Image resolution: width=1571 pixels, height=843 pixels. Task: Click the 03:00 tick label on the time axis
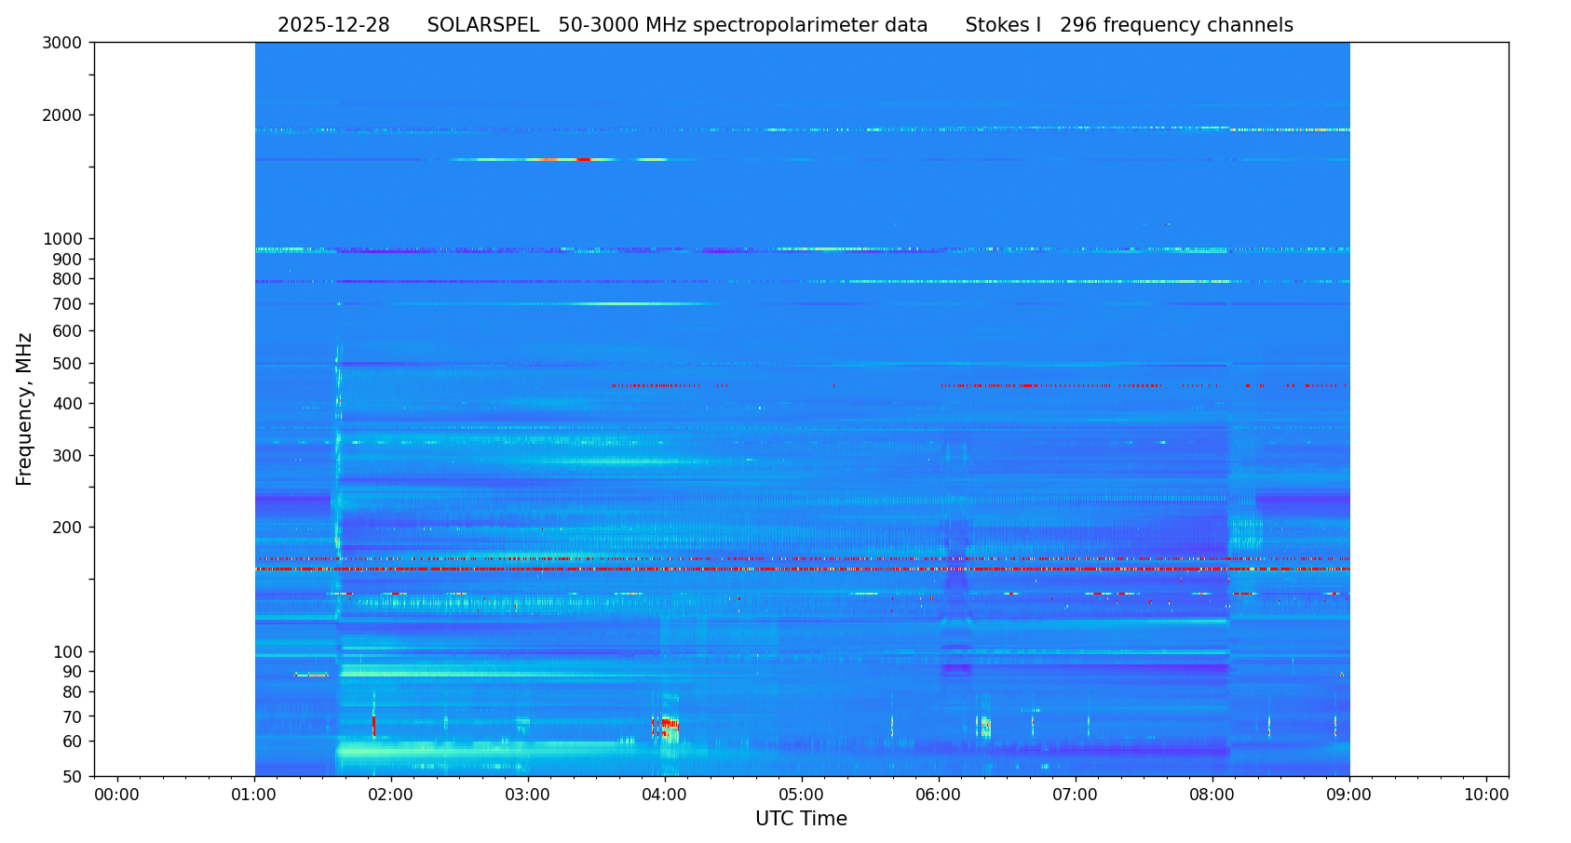coord(528,796)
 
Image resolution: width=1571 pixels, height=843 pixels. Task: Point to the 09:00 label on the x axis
coord(1349,796)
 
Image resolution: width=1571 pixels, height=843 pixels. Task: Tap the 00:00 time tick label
coord(117,796)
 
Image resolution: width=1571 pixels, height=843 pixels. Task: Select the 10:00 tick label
coord(1486,796)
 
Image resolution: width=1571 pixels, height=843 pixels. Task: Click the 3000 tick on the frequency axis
coord(67,43)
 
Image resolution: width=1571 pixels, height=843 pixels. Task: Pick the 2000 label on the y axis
coord(67,115)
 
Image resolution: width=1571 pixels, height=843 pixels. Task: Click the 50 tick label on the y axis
coord(73,776)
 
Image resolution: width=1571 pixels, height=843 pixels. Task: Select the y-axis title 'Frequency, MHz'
coord(25,408)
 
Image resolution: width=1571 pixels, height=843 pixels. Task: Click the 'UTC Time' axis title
coord(801,819)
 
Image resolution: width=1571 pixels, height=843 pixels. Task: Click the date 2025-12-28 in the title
coord(333,26)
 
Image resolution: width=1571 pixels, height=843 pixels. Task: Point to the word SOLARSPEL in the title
coord(483,26)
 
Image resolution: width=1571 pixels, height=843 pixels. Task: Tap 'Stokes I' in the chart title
coord(1003,26)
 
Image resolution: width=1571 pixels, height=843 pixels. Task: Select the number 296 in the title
coord(1078,26)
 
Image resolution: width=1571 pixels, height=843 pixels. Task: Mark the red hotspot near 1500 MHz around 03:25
coord(583,160)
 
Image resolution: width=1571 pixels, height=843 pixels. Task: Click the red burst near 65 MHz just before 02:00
coord(373,724)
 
